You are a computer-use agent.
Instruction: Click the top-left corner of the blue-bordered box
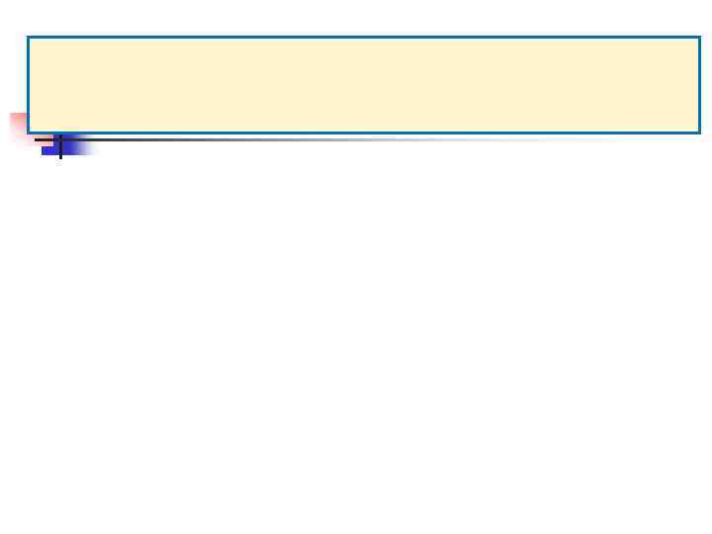(28, 38)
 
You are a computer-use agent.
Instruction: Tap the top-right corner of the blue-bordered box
(699, 38)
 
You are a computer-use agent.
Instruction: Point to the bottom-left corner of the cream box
(28, 132)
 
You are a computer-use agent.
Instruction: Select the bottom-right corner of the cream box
(699, 132)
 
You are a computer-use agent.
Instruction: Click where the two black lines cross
(60, 139)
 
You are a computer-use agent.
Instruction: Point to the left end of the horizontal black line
(37, 139)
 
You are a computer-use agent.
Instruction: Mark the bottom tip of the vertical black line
(60, 158)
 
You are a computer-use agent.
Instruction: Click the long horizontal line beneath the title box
(297, 139)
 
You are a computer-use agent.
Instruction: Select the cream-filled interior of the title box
(363, 84)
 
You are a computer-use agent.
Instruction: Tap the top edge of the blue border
(363, 38)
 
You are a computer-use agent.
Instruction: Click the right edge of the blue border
(699, 84)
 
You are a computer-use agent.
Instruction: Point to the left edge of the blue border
(28, 84)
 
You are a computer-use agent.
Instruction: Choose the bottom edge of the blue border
(363, 132)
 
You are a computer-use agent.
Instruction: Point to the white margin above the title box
(356, 17)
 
